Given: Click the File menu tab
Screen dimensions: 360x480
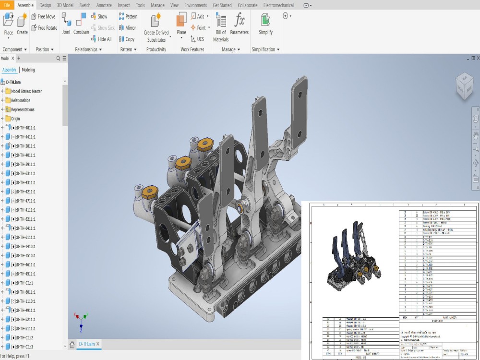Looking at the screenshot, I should point(7,5).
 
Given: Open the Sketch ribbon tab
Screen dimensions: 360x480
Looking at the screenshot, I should point(84,5).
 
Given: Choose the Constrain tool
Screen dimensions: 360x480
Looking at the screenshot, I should point(81,24).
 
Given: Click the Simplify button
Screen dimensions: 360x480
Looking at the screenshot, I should point(265,24).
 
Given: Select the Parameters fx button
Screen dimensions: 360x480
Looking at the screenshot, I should point(239,24).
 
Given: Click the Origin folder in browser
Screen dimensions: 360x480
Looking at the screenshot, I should point(15,119).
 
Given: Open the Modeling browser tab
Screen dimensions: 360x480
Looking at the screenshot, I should point(28,70).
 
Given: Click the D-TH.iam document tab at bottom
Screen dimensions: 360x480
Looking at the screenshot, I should point(87,344).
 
